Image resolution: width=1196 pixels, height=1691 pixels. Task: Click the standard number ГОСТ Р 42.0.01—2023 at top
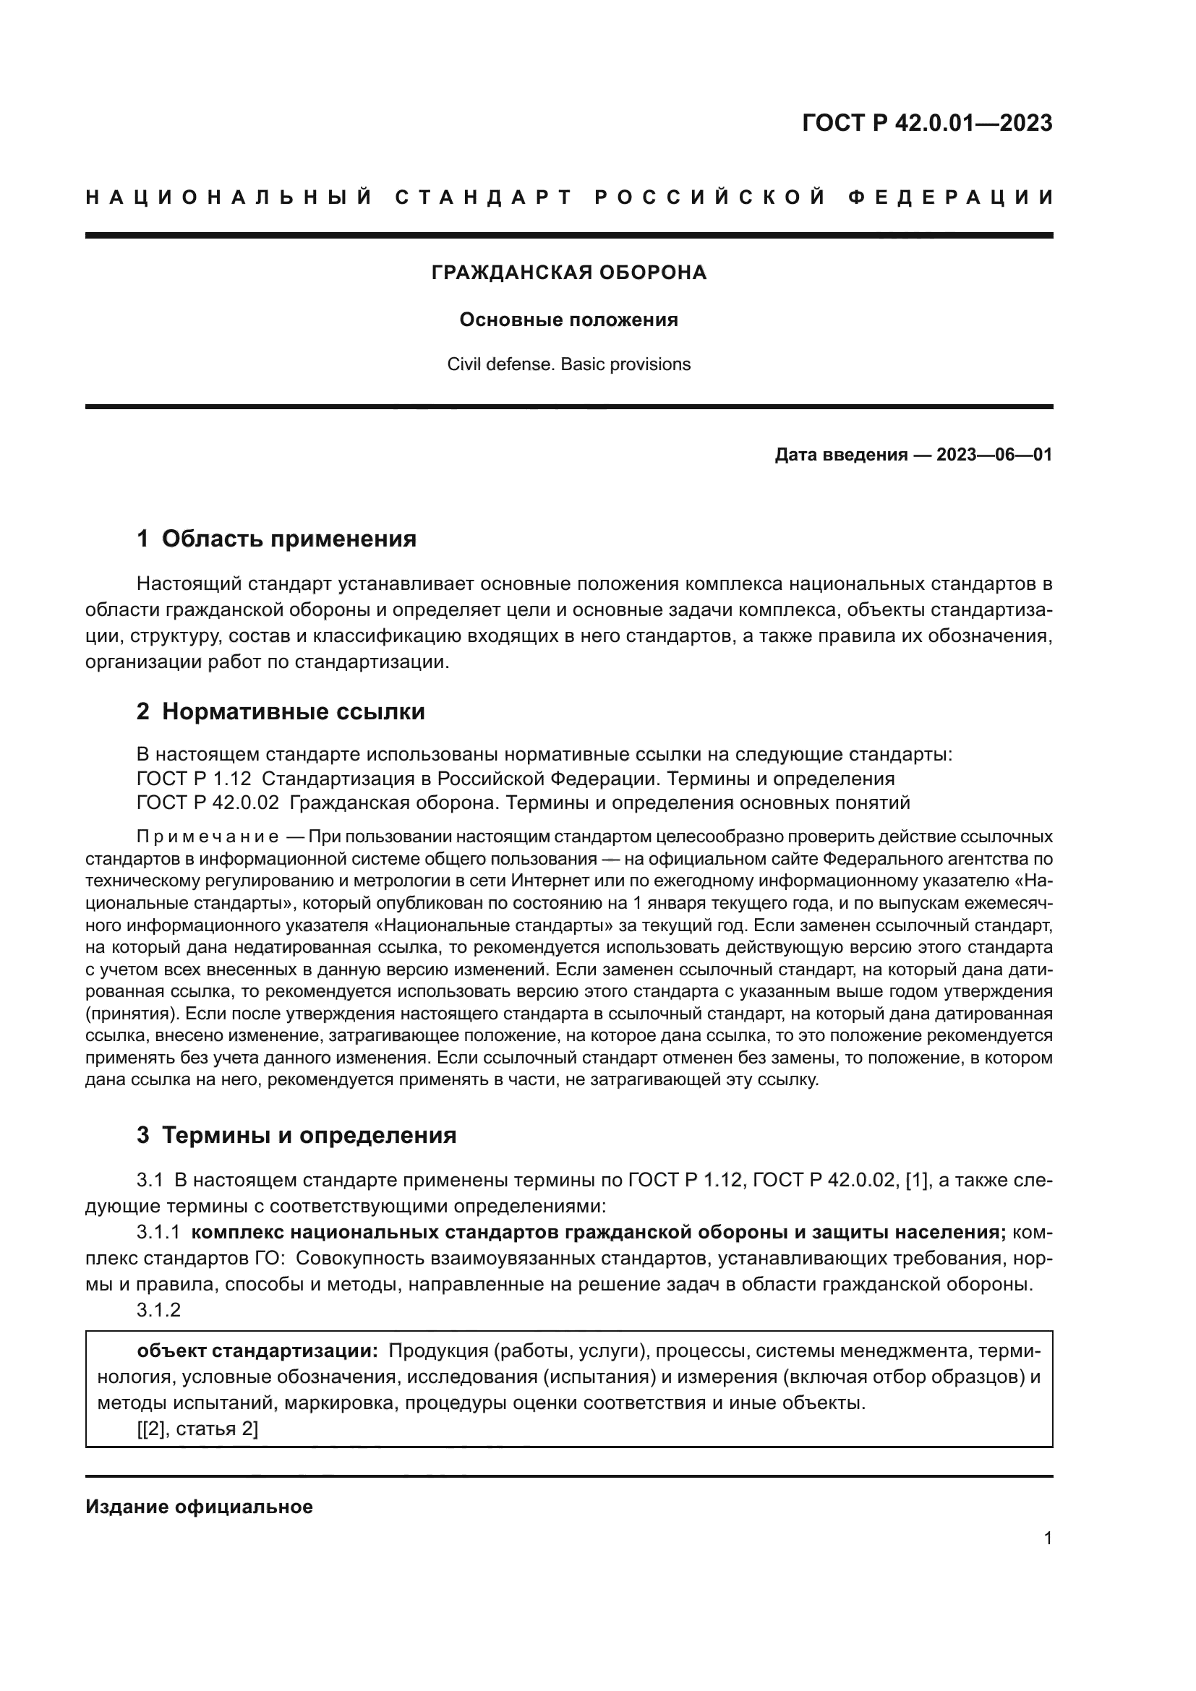[927, 123]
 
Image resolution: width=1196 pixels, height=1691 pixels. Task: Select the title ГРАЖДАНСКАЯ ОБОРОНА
[568, 273]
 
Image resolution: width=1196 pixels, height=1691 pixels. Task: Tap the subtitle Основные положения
[568, 320]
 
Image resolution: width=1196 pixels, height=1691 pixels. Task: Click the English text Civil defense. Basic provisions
[568, 364]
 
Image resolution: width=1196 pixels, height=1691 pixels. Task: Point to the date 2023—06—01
[994, 455]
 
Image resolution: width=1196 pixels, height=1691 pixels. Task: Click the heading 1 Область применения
[276, 539]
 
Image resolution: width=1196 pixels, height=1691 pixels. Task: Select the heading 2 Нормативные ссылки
[281, 712]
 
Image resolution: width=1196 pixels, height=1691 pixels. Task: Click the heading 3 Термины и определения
[296, 1136]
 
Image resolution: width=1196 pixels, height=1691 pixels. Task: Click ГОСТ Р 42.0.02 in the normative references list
[208, 802]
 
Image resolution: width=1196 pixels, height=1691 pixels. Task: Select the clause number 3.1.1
[158, 1233]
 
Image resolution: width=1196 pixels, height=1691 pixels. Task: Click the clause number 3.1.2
[158, 1310]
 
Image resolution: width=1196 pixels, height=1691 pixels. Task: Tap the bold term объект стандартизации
[257, 1351]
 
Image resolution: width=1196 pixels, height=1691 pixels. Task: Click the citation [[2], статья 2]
[197, 1429]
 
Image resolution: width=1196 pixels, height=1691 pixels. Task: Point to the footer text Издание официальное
[199, 1507]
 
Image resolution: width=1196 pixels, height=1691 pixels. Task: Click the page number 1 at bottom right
[1047, 1538]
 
